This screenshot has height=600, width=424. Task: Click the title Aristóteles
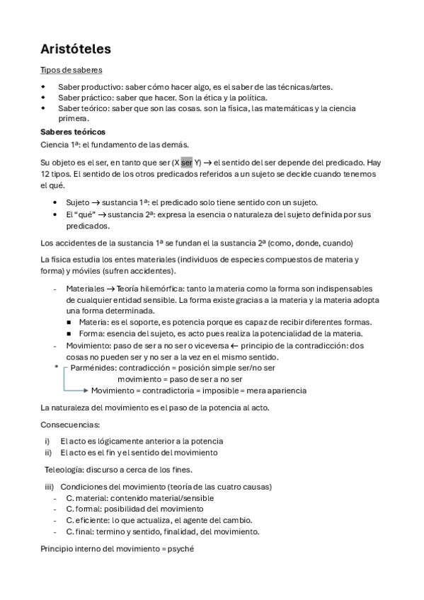click(75, 50)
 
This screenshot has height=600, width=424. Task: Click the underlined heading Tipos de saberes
click(71, 70)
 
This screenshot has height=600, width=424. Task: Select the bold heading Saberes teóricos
click(74, 132)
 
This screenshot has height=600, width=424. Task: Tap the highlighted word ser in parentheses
click(186, 161)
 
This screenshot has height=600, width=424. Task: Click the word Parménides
click(93, 369)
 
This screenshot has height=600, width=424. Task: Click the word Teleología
click(66, 469)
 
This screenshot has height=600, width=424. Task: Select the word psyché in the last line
click(180, 548)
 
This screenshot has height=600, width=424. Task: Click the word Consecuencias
click(70, 425)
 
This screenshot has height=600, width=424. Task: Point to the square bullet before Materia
click(69, 323)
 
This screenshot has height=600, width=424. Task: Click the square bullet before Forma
click(69, 333)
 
